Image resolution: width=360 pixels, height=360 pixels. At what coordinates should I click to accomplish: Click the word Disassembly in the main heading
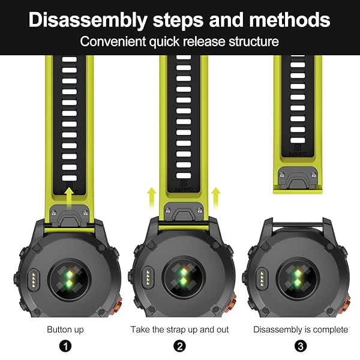(88, 20)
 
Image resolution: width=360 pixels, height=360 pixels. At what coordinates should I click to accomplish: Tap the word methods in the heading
(290, 20)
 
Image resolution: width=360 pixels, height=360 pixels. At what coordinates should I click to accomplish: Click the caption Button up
(65, 329)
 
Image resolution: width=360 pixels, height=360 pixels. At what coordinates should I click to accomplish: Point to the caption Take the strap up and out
(179, 329)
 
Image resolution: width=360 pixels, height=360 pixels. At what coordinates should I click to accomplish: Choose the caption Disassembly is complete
(301, 329)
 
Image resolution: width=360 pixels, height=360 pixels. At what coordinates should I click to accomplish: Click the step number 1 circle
(65, 346)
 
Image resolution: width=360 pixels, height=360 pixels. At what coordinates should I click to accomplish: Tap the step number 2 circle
(179, 346)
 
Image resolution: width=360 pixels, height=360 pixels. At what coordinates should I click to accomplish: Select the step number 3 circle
(301, 346)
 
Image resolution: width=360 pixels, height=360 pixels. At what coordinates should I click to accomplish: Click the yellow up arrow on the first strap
(69, 198)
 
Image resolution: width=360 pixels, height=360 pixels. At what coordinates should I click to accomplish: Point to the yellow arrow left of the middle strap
(152, 198)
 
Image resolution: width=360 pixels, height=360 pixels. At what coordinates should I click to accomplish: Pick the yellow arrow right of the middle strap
(216, 198)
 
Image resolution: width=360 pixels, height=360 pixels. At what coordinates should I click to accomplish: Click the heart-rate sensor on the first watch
(69, 279)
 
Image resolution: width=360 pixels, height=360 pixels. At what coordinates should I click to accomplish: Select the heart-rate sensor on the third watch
(298, 278)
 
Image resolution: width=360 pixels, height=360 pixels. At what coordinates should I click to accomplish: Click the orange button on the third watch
(347, 304)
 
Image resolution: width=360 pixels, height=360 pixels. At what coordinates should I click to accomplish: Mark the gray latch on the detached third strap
(298, 178)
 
